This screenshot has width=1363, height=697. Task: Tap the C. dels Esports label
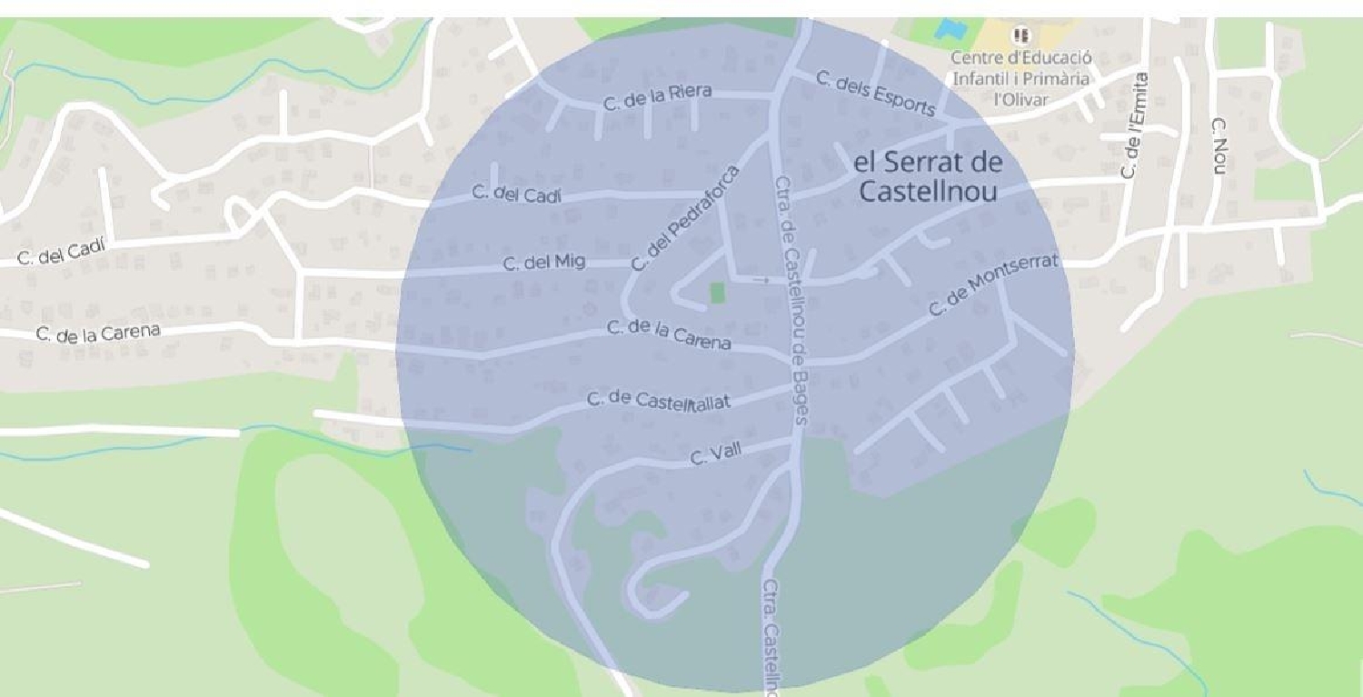[875, 94]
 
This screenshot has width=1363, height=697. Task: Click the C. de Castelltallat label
[658, 401]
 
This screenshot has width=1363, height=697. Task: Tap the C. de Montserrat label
[994, 285]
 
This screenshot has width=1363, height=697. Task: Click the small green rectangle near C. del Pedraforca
[717, 293]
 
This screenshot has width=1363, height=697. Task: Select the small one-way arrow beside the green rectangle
[761, 281]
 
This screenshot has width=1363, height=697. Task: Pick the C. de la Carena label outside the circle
[98, 333]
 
